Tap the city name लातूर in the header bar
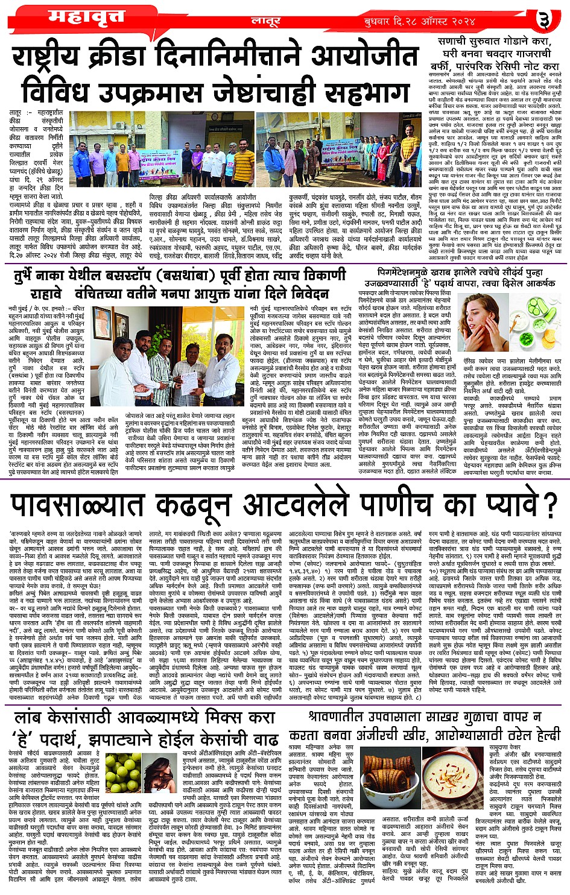265,22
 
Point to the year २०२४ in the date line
505,22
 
